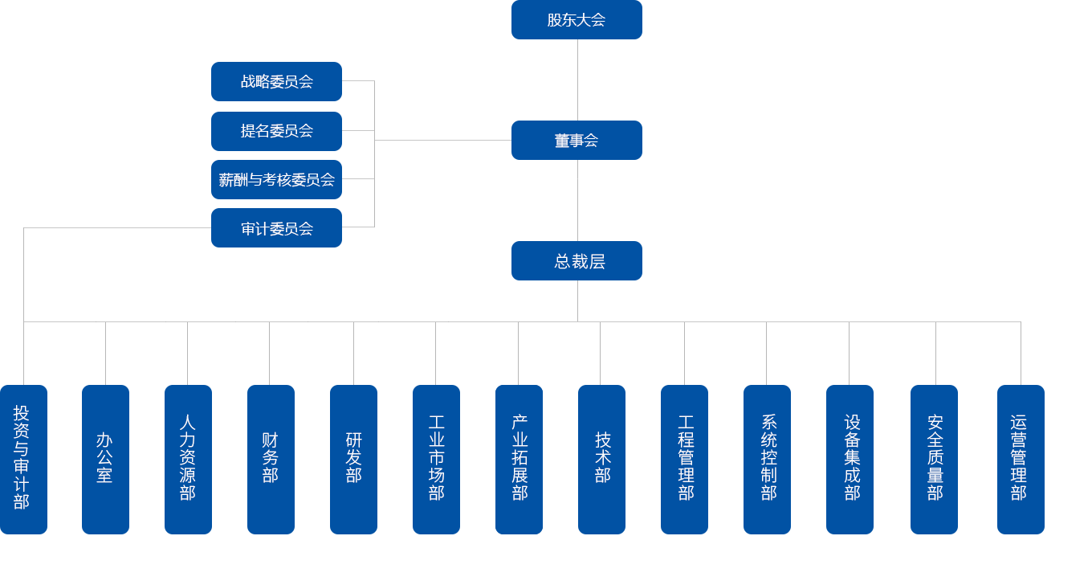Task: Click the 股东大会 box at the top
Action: pyautogui.click(x=576, y=20)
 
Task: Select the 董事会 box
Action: pyautogui.click(x=576, y=140)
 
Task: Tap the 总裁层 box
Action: pyautogui.click(x=576, y=260)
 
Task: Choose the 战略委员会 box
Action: pyautogui.click(x=276, y=82)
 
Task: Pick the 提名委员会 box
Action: pyautogui.click(x=276, y=131)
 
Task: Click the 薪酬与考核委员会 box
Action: pyautogui.click(x=276, y=179)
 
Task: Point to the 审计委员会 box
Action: pyautogui.click(x=276, y=228)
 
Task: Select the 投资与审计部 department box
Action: pyautogui.click(x=23, y=458)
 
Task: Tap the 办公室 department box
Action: pyautogui.click(x=105, y=458)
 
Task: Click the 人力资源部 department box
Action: pyautogui.click(x=188, y=458)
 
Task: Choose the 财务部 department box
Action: pyautogui.click(x=271, y=458)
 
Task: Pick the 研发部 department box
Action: pyautogui.click(x=353, y=458)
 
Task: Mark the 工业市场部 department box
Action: pyautogui.click(x=436, y=458)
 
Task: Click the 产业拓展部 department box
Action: pyautogui.click(x=519, y=458)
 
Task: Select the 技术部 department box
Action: pyautogui.click(x=601, y=458)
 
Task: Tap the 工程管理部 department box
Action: pyautogui.click(x=685, y=458)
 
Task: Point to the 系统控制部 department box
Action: pyautogui.click(x=767, y=458)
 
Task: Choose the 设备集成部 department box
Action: pyautogui.click(x=850, y=458)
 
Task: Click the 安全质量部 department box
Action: pyautogui.click(x=934, y=458)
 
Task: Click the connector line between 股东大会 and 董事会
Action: pyautogui.click(x=577, y=80)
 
